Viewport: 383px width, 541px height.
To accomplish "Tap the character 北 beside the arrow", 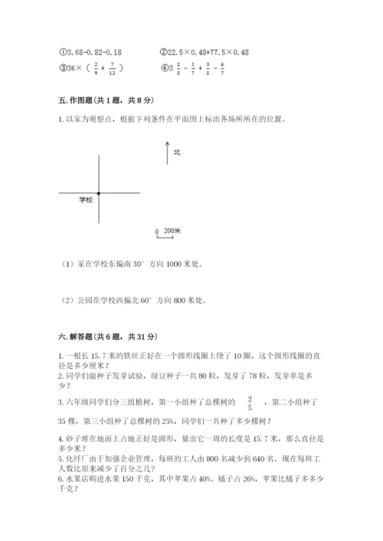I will (x=177, y=152).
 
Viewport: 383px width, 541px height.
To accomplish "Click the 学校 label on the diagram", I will (x=85, y=199).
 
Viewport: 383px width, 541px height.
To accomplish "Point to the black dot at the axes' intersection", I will (x=99, y=193).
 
